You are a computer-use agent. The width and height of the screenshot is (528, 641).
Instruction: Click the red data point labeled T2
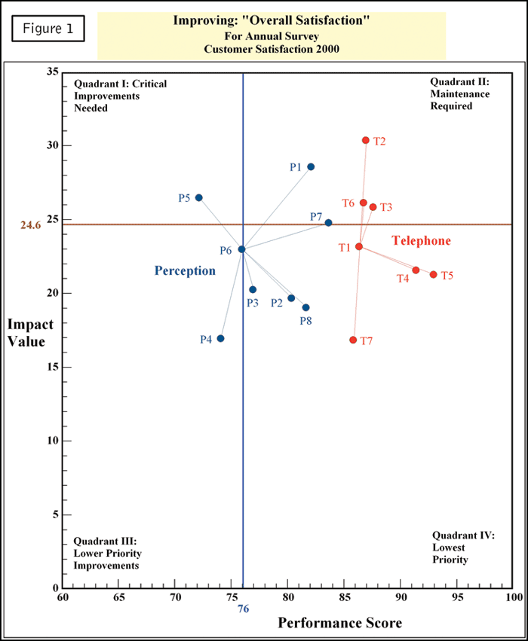(x=366, y=140)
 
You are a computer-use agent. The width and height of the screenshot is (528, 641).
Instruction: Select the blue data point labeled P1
(x=311, y=166)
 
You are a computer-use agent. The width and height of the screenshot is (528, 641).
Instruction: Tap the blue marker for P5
(x=199, y=197)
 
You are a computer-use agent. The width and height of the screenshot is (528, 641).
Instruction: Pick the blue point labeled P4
(x=220, y=338)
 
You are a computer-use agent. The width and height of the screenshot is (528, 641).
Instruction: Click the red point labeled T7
(x=353, y=340)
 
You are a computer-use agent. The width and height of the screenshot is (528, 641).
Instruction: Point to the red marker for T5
(x=433, y=274)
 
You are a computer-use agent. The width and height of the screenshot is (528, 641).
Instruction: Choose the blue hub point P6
(x=241, y=249)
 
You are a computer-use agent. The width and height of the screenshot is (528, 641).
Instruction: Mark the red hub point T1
(x=359, y=246)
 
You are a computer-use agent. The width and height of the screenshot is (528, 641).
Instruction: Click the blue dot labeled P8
(x=305, y=307)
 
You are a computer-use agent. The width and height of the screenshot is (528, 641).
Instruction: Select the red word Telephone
(x=421, y=241)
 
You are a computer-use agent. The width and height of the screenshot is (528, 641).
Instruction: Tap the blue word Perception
(x=186, y=270)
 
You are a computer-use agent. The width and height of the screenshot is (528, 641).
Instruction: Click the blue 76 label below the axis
(x=243, y=609)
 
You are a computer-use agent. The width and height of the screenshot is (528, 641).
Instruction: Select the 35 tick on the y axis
(x=52, y=72)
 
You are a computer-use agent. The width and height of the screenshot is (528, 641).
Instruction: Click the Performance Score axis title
(x=340, y=623)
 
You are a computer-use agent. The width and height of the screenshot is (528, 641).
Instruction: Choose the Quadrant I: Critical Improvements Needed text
(x=120, y=96)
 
